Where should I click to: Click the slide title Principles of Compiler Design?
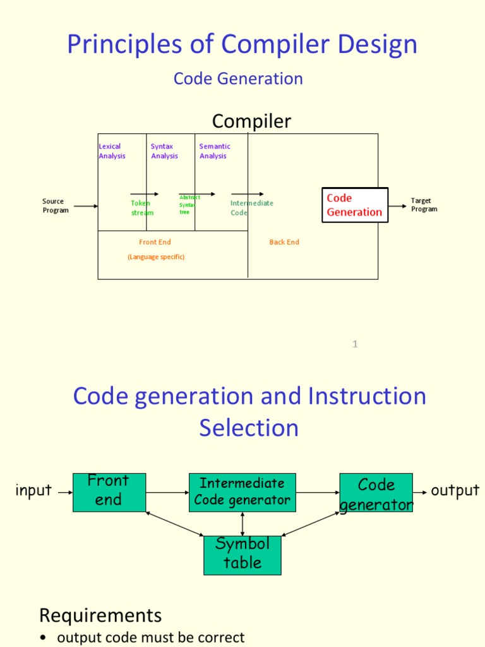[242, 45]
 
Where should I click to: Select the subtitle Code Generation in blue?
[238, 79]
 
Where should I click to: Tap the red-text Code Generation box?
[355, 205]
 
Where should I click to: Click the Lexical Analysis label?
[112, 151]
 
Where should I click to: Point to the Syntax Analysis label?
[164, 151]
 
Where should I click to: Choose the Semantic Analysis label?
[215, 151]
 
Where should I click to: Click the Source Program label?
[56, 206]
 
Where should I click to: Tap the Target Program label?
[424, 205]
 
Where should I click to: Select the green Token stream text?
[141, 208]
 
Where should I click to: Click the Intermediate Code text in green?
[251, 208]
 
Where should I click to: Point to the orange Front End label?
[155, 242]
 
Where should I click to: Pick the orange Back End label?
[284, 242]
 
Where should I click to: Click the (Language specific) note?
[156, 257]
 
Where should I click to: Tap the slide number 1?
[355, 344]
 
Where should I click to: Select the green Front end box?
[109, 492]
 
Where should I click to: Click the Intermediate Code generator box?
[242, 492]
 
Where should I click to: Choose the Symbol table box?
[242, 555]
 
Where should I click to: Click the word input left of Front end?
[33, 491]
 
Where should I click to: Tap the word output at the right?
[455, 491]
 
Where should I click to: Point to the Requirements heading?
[100, 615]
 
